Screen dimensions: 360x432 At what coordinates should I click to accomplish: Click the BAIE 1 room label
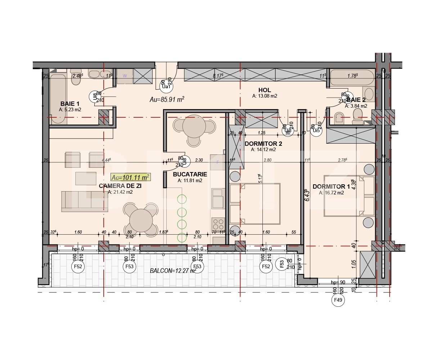70,103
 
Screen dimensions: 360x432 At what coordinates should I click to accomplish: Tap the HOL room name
264,90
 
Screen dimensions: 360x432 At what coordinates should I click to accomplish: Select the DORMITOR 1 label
331,186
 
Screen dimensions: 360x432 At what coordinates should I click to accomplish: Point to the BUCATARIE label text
190,174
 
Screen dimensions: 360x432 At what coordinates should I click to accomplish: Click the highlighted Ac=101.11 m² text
130,177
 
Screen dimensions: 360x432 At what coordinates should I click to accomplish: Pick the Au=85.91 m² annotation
167,100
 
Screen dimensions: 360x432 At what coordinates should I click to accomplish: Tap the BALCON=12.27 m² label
173,270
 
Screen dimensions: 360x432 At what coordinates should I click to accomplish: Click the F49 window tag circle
338,300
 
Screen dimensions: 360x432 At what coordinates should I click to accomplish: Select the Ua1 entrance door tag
166,86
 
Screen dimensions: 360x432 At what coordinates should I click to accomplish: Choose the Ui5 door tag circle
316,130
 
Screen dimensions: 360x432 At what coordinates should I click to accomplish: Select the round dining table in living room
141,220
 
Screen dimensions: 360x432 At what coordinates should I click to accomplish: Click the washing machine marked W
125,76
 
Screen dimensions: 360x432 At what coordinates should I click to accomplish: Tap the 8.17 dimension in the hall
218,76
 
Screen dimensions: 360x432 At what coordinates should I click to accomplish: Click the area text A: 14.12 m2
264,149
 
